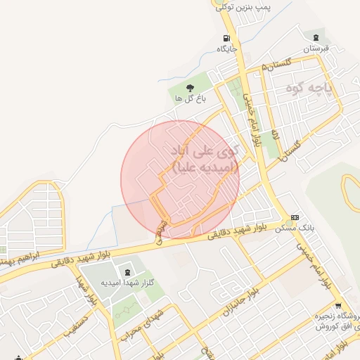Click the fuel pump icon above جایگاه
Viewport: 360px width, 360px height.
226,38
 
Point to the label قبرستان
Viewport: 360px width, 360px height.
316,49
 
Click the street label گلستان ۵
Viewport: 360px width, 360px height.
276,65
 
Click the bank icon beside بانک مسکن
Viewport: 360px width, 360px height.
295,217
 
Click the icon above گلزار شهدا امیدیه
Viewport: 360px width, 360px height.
127,272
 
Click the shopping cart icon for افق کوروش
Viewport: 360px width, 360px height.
338,305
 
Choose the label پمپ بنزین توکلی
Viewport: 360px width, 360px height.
243,6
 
